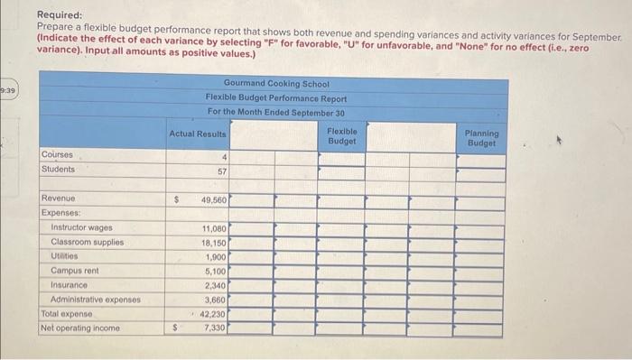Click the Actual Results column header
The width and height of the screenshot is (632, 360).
point(198,134)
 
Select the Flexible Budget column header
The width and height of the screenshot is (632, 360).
point(342,136)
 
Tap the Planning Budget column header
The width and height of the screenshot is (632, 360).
point(481,137)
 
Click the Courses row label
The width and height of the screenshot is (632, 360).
point(57,154)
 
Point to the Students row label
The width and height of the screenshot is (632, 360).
point(59,169)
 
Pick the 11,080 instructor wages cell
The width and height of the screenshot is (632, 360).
point(213,228)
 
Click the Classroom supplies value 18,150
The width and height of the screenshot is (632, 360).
point(213,243)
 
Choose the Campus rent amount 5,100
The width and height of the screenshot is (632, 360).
point(215,271)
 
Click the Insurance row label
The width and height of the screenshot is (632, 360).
point(70,284)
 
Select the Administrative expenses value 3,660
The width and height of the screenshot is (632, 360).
point(215,299)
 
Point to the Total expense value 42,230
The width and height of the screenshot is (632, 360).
point(213,313)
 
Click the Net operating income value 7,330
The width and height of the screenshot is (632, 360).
point(215,328)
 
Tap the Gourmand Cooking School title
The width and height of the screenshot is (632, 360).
point(275,84)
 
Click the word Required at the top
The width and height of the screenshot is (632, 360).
point(59,15)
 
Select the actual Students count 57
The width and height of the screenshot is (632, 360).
point(220,170)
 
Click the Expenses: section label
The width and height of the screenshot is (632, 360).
point(62,213)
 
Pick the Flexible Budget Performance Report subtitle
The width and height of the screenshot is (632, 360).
point(275,97)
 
